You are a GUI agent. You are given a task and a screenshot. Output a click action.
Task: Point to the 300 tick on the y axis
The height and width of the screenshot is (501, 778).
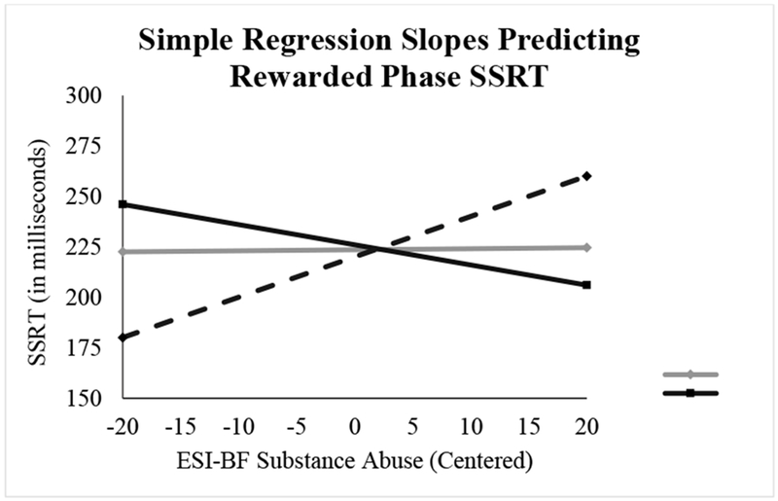84,95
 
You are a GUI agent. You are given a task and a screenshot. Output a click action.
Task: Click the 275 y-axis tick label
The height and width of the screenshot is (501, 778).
84,146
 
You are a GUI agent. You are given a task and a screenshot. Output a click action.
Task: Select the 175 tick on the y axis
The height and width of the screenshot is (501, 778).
84,347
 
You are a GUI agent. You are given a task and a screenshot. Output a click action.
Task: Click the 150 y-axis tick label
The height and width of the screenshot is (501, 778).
84,398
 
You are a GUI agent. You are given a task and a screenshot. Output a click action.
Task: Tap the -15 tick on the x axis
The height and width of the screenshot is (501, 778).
181,426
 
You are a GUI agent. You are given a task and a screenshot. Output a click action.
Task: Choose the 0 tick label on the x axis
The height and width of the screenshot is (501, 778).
354,426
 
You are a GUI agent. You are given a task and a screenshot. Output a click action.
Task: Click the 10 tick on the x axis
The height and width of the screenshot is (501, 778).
471,426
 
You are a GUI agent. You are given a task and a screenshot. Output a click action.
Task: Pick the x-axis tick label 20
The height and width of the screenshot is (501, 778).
586,426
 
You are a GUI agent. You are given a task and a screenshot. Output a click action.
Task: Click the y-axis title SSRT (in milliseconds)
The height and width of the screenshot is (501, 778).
38,252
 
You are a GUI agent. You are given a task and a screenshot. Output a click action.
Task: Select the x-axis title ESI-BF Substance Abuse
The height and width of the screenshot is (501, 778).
300,460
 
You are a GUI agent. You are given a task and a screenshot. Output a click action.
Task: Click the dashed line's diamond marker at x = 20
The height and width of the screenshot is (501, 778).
586,176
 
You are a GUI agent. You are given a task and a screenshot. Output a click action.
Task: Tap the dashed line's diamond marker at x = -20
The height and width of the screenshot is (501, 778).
123,338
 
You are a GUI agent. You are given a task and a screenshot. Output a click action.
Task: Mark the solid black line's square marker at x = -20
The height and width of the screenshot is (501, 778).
123,204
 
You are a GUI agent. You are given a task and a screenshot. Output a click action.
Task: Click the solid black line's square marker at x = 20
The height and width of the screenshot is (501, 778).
586,285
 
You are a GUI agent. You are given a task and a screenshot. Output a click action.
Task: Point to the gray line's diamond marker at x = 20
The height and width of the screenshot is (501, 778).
586,247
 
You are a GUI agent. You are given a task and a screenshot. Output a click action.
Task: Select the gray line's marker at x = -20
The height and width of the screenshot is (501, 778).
123,252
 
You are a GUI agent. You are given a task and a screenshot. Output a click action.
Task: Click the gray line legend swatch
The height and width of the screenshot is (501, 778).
690,375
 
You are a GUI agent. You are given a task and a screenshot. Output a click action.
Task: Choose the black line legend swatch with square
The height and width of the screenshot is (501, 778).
690,393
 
